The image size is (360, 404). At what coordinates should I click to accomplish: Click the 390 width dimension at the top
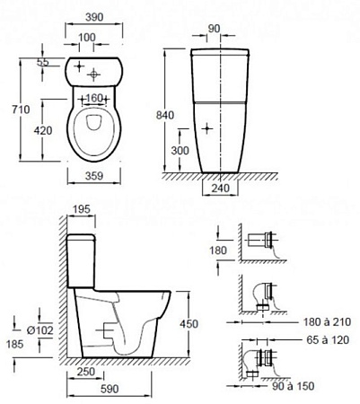(x=94, y=17)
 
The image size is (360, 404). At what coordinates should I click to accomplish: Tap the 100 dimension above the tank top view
(x=87, y=38)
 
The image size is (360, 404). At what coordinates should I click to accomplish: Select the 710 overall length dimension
(x=21, y=110)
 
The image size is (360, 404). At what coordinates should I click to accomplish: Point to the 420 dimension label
(x=43, y=130)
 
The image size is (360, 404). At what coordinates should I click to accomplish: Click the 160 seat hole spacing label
(x=94, y=98)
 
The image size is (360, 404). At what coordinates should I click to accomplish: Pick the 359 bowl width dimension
(x=94, y=176)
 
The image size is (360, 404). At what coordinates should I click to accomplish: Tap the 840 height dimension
(x=165, y=115)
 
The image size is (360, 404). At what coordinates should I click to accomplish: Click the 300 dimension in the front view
(x=180, y=150)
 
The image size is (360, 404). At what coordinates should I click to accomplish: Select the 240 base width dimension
(x=221, y=189)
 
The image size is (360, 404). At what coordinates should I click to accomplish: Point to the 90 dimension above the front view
(x=214, y=29)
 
